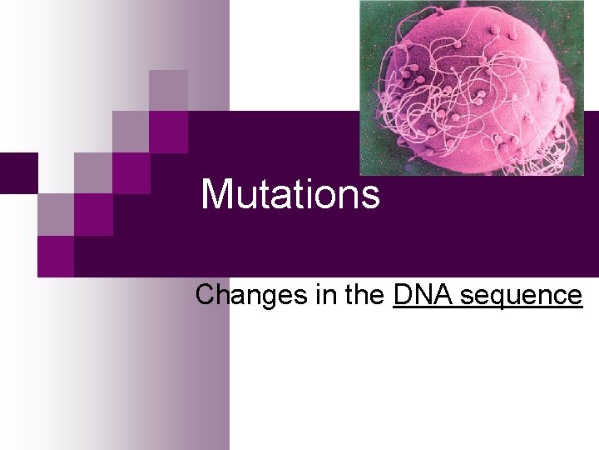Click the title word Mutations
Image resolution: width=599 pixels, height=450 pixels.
290,194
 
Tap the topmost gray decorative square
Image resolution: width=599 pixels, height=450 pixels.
168,90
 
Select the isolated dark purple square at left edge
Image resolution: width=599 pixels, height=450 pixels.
17,172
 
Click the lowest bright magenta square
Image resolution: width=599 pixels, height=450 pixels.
56,256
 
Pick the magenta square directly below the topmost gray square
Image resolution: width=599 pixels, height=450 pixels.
168,132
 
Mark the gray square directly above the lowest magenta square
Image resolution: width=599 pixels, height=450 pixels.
56,214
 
